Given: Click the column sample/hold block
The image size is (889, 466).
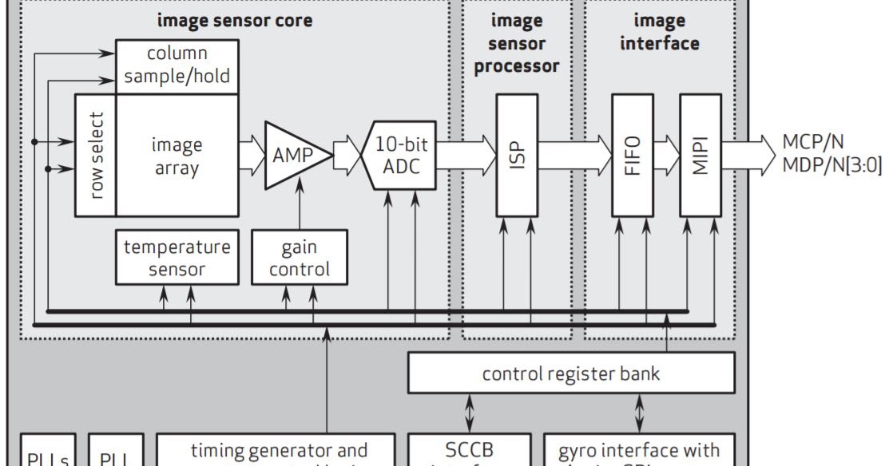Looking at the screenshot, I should point(177,65).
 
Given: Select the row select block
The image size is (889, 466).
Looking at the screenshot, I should point(95,156).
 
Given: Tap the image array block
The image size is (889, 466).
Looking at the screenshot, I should point(177,156).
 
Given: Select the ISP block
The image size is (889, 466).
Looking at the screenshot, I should point(516,156).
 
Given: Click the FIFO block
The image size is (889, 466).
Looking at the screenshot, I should point(632,156).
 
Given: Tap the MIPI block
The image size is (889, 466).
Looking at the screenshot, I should point(700,156).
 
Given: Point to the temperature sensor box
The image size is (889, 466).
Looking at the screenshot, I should point(177,258).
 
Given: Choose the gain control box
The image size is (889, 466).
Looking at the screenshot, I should point(300,258).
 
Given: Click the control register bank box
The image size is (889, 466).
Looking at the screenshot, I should point(571,373).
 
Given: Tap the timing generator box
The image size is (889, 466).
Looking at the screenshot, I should point(276,451).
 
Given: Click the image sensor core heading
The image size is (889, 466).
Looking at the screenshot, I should point(234,21).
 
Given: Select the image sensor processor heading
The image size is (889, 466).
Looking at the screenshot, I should point(516,43).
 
